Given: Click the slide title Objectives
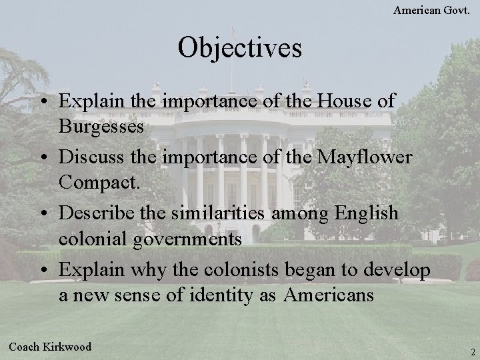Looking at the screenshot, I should click(240, 48).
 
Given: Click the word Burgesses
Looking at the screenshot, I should click(101, 127).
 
